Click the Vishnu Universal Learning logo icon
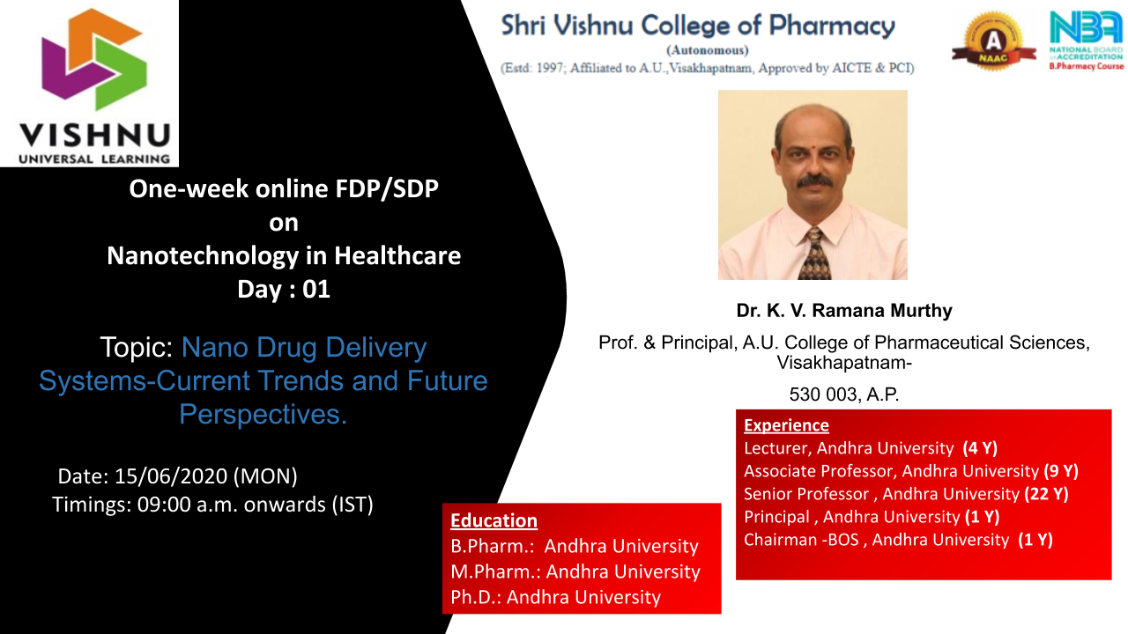[x=94, y=59]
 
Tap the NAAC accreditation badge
[x=993, y=41]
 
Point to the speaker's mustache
[x=813, y=181]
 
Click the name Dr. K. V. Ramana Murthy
[x=844, y=311]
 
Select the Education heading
[x=493, y=520]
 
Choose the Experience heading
[x=786, y=425]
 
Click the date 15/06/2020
[x=171, y=476]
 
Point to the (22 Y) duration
[x=1046, y=494]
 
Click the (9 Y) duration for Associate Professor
[x=1061, y=471]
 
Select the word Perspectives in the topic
[x=263, y=414]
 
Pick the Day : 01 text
[x=284, y=290]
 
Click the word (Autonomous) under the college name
[x=708, y=50]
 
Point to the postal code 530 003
[x=818, y=394]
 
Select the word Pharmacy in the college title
[x=832, y=26]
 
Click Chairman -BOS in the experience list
[x=801, y=540]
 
